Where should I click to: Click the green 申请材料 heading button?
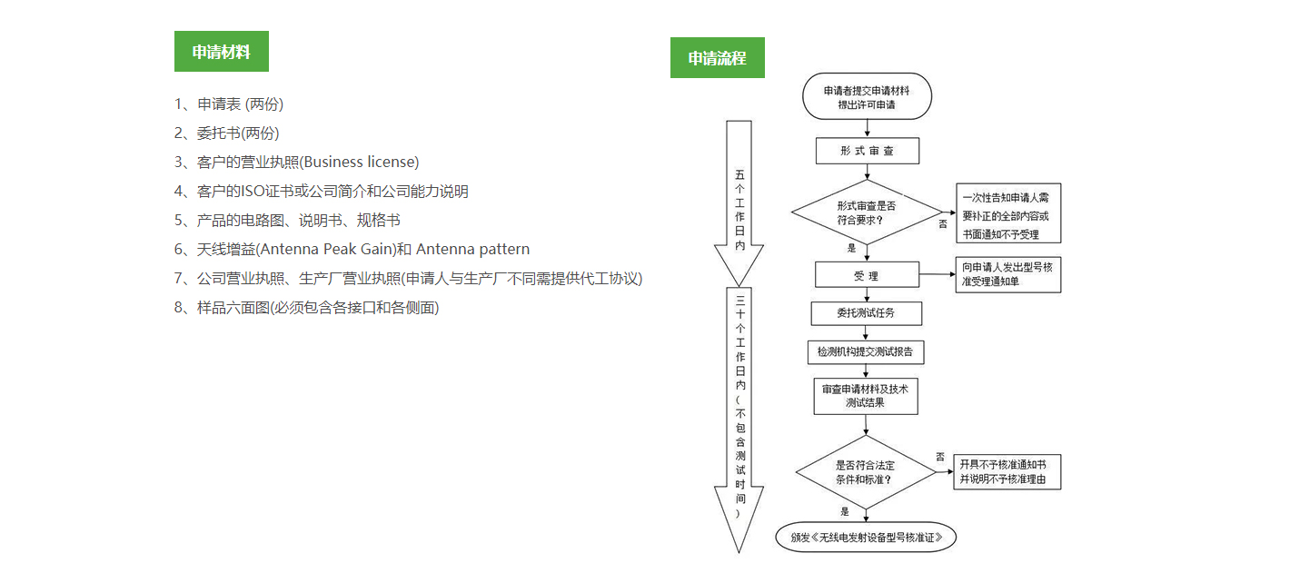(x=221, y=51)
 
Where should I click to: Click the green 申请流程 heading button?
(x=717, y=57)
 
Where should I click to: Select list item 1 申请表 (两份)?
(x=229, y=104)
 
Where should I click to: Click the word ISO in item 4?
(x=253, y=191)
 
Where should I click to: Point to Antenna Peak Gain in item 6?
(x=327, y=249)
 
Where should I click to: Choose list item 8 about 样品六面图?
(x=306, y=308)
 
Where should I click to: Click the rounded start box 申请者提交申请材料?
(x=867, y=97)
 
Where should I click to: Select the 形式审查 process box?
(x=868, y=151)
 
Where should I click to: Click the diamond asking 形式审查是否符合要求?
(x=866, y=212)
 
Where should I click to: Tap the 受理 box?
(x=867, y=275)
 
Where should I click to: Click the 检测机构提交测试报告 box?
(x=866, y=352)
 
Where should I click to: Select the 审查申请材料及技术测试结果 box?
(x=866, y=396)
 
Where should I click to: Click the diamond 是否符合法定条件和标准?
(x=866, y=472)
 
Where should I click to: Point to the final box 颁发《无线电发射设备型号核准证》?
(x=866, y=537)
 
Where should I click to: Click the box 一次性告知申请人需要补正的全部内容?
(x=1008, y=213)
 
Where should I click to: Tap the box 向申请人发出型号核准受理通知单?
(x=1007, y=274)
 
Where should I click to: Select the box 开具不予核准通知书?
(x=1007, y=472)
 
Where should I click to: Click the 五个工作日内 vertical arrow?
(x=739, y=203)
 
